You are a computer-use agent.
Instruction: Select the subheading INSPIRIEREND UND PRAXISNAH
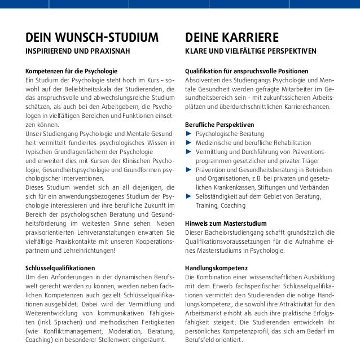click(x=77, y=53)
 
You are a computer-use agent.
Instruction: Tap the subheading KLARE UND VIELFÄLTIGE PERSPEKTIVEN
click(x=251, y=53)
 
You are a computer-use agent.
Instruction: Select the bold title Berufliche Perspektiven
click(x=219, y=124)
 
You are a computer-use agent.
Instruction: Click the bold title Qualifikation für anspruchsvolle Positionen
click(x=247, y=72)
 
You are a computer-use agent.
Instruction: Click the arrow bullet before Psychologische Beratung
click(x=188, y=134)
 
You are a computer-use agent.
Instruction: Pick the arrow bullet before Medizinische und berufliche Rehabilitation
click(x=188, y=143)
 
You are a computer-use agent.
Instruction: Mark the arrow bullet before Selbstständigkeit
click(x=188, y=196)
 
